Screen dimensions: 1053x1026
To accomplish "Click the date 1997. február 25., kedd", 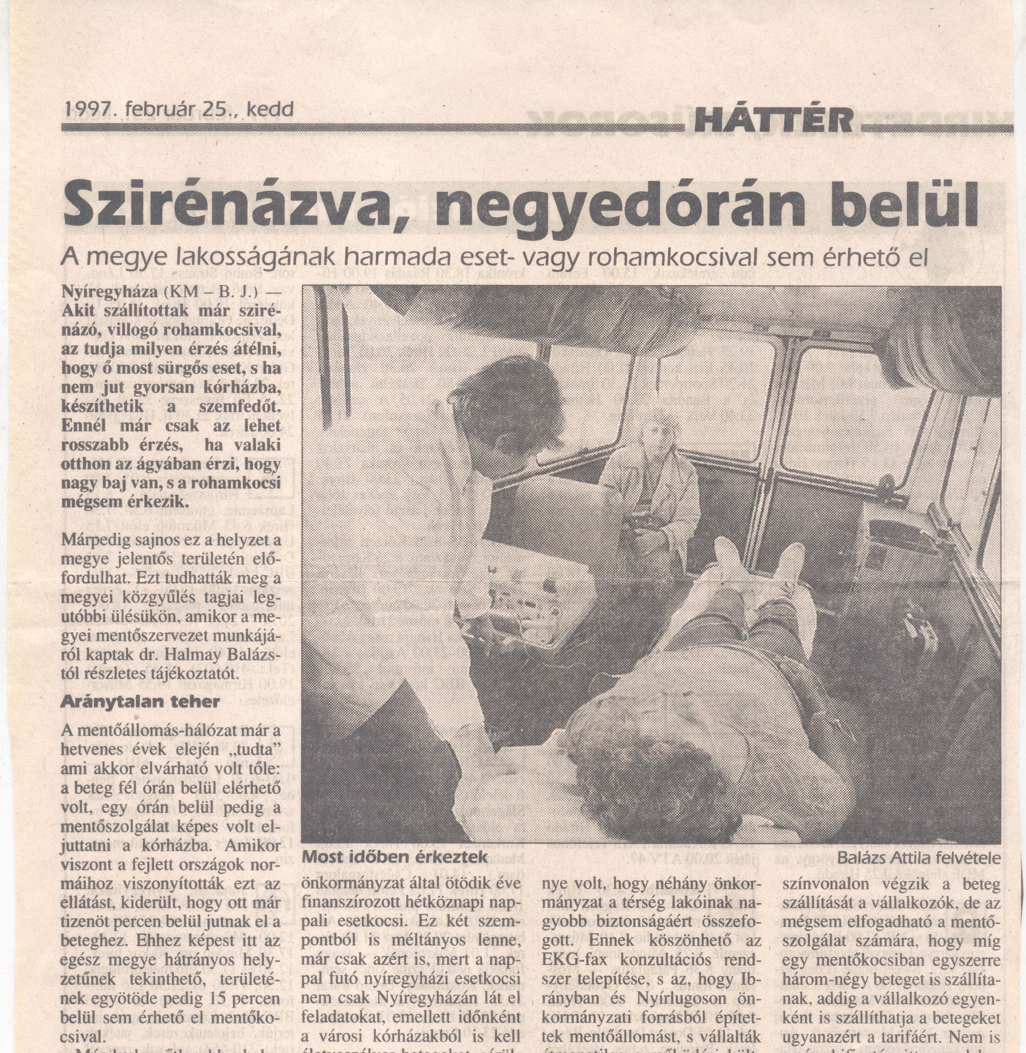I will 179,110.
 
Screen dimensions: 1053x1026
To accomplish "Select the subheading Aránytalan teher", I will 140,702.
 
